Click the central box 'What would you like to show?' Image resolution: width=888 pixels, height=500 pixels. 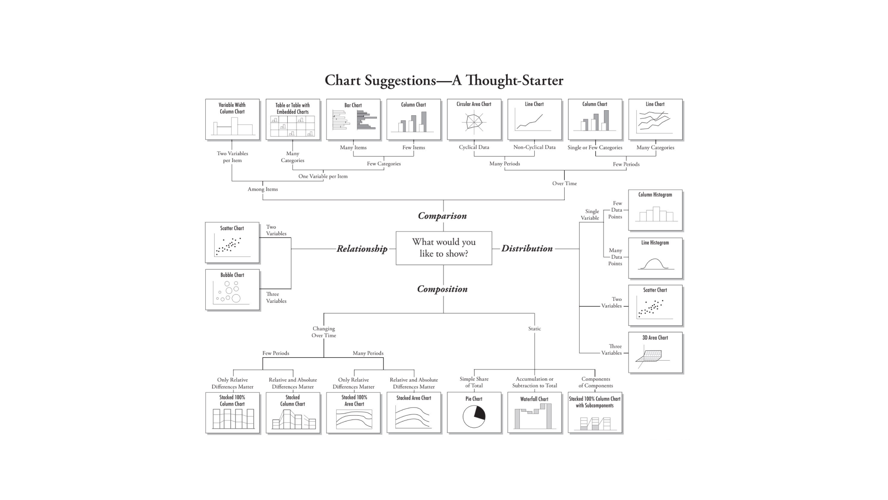(x=444, y=248)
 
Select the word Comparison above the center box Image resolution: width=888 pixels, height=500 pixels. (x=442, y=216)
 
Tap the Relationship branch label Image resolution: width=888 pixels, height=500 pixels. (x=362, y=249)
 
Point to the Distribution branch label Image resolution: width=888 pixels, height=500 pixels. (x=527, y=248)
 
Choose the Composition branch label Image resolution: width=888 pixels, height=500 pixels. (x=442, y=289)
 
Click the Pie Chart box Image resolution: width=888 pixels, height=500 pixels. (x=474, y=412)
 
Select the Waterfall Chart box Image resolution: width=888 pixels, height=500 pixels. (x=534, y=412)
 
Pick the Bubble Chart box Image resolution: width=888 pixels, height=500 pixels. (x=232, y=289)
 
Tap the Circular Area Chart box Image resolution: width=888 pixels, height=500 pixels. (x=474, y=119)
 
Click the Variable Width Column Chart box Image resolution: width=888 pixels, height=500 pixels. (x=232, y=119)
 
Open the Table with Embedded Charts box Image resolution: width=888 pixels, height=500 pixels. (x=293, y=119)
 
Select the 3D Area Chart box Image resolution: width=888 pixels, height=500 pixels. (x=655, y=352)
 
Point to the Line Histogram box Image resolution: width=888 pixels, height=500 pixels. (x=655, y=258)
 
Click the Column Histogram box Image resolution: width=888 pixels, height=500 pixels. (x=655, y=210)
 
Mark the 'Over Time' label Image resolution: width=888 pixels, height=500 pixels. (x=564, y=183)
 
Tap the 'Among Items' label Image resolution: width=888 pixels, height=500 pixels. (x=263, y=189)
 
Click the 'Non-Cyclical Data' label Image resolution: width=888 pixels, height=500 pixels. (x=534, y=147)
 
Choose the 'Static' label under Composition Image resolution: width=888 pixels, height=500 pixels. (x=534, y=329)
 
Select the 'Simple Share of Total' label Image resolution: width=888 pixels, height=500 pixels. (x=474, y=382)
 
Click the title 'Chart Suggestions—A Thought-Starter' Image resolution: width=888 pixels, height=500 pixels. (x=444, y=80)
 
